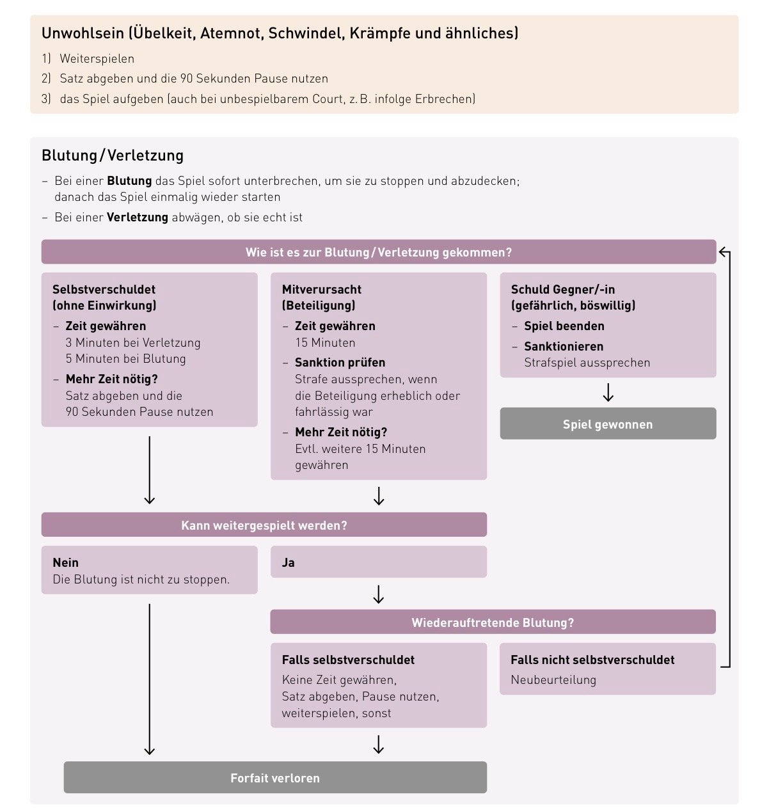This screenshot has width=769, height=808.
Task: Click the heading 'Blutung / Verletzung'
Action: point(113,155)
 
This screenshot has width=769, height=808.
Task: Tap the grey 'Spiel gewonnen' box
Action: point(608,424)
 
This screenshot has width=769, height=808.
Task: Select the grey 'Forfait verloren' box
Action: point(275,778)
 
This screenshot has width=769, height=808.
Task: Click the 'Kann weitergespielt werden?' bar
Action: point(264,525)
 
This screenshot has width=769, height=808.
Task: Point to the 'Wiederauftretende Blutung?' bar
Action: point(493,622)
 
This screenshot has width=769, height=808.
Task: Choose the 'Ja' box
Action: point(378,562)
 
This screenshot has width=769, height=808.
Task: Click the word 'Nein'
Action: point(66,562)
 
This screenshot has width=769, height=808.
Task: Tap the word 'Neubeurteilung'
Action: point(553,680)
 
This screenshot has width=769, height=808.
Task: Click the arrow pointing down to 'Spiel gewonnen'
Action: point(608,393)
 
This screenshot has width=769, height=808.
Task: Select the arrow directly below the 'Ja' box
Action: point(378,594)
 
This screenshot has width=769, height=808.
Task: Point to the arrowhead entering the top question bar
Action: point(724,251)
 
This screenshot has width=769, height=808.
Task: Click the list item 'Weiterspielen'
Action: point(97,59)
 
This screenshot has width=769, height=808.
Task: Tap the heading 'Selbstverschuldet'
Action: point(104,289)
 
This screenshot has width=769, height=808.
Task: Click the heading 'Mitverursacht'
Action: point(322,289)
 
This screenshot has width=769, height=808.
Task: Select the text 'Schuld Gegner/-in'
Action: point(563,289)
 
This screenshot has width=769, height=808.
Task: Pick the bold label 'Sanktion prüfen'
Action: point(340,363)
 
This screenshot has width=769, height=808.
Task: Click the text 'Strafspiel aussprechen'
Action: point(587,363)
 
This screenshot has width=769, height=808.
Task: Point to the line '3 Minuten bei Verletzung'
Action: point(133,343)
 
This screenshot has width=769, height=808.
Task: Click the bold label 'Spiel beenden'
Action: point(564,326)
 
